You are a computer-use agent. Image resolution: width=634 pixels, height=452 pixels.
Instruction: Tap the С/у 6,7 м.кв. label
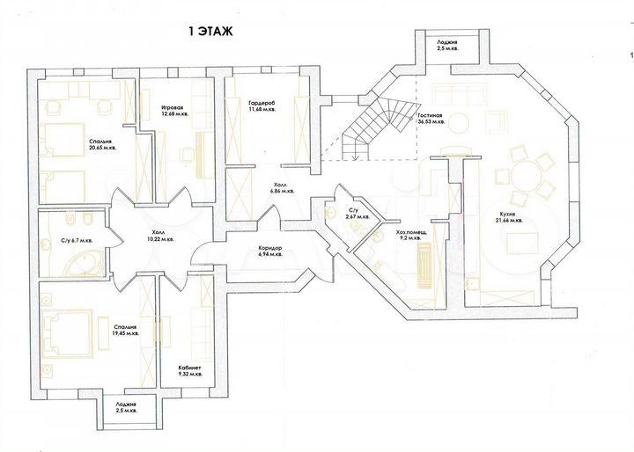(x=76, y=239)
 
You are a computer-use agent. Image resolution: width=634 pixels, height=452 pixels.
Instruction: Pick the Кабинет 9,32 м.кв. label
(x=189, y=370)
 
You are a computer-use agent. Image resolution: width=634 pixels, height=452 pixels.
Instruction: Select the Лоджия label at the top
(x=447, y=44)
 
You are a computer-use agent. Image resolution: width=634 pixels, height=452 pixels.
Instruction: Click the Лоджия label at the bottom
(x=125, y=408)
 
